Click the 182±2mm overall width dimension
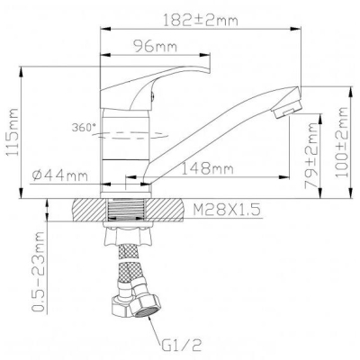coord(201,21)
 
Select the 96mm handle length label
coord(155,47)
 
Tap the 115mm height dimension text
coord(13,132)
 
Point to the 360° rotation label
coord(83,128)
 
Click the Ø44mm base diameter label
coord(60,175)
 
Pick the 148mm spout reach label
coord(208,169)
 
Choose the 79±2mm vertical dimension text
coord(311,156)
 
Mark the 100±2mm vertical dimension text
coord(341,142)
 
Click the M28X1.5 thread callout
coord(226,210)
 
